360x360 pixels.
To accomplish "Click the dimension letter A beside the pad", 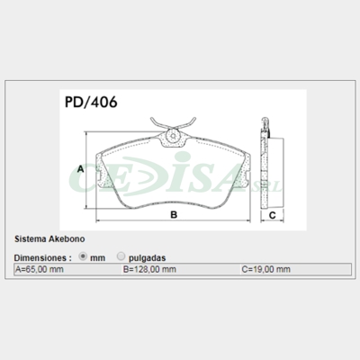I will point(80,169).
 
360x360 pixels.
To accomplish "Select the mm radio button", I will point(85,256).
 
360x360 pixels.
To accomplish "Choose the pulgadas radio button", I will point(121,256).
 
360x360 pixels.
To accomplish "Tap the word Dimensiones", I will point(41,256).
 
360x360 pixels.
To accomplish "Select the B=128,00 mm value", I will point(146,269).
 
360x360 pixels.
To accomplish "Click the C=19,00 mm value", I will point(265,269).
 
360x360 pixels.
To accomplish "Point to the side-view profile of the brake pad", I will point(267,167).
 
